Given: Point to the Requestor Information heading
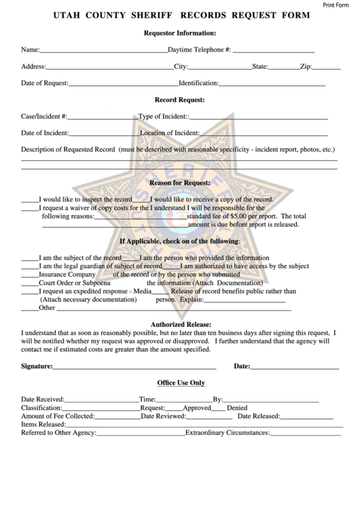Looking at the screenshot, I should click(x=180, y=33).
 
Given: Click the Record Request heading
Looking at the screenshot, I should click(x=180, y=100).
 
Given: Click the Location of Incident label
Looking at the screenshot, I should click(x=169, y=133).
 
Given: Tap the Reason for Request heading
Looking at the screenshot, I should click(x=180, y=183).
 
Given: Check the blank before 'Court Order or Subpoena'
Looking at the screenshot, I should click(x=29, y=283).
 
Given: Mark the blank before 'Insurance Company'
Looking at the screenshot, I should click(x=29, y=275).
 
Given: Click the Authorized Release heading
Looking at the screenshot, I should click(x=180, y=324).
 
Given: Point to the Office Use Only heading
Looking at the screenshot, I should click(x=180, y=383).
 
